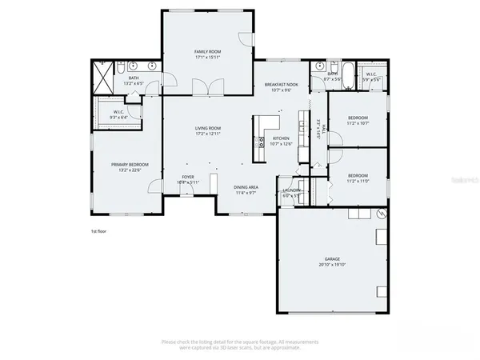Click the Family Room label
(x=207, y=51)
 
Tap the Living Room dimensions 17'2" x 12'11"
(x=208, y=134)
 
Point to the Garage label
(x=333, y=259)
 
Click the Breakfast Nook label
(x=281, y=85)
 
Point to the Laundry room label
(x=291, y=190)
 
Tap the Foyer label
(x=188, y=177)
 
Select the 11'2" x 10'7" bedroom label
(x=358, y=118)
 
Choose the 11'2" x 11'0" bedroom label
(x=358, y=175)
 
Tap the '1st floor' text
(x=99, y=231)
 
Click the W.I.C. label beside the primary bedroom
(x=118, y=112)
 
